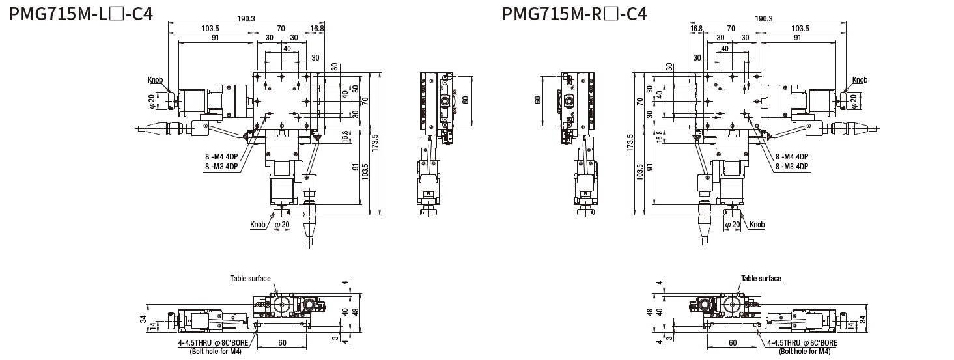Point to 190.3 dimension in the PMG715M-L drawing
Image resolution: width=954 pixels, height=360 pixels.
pyautogui.click(x=246, y=18)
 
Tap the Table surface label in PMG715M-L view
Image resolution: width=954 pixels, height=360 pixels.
pyautogui.click(x=250, y=279)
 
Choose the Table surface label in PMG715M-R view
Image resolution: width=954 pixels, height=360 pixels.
pyautogui.click(x=761, y=279)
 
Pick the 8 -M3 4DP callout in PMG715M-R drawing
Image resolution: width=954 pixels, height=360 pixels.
pyautogui.click(x=792, y=166)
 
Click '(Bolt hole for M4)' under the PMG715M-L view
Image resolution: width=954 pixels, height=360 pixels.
pyautogui.click(x=216, y=351)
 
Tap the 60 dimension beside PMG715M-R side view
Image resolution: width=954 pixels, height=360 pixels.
pyautogui.click(x=538, y=100)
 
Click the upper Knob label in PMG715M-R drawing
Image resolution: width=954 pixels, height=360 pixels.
pyautogui.click(x=860, y=80)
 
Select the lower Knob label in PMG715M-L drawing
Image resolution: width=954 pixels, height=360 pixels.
pyautogui.click(x=258, y=225)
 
